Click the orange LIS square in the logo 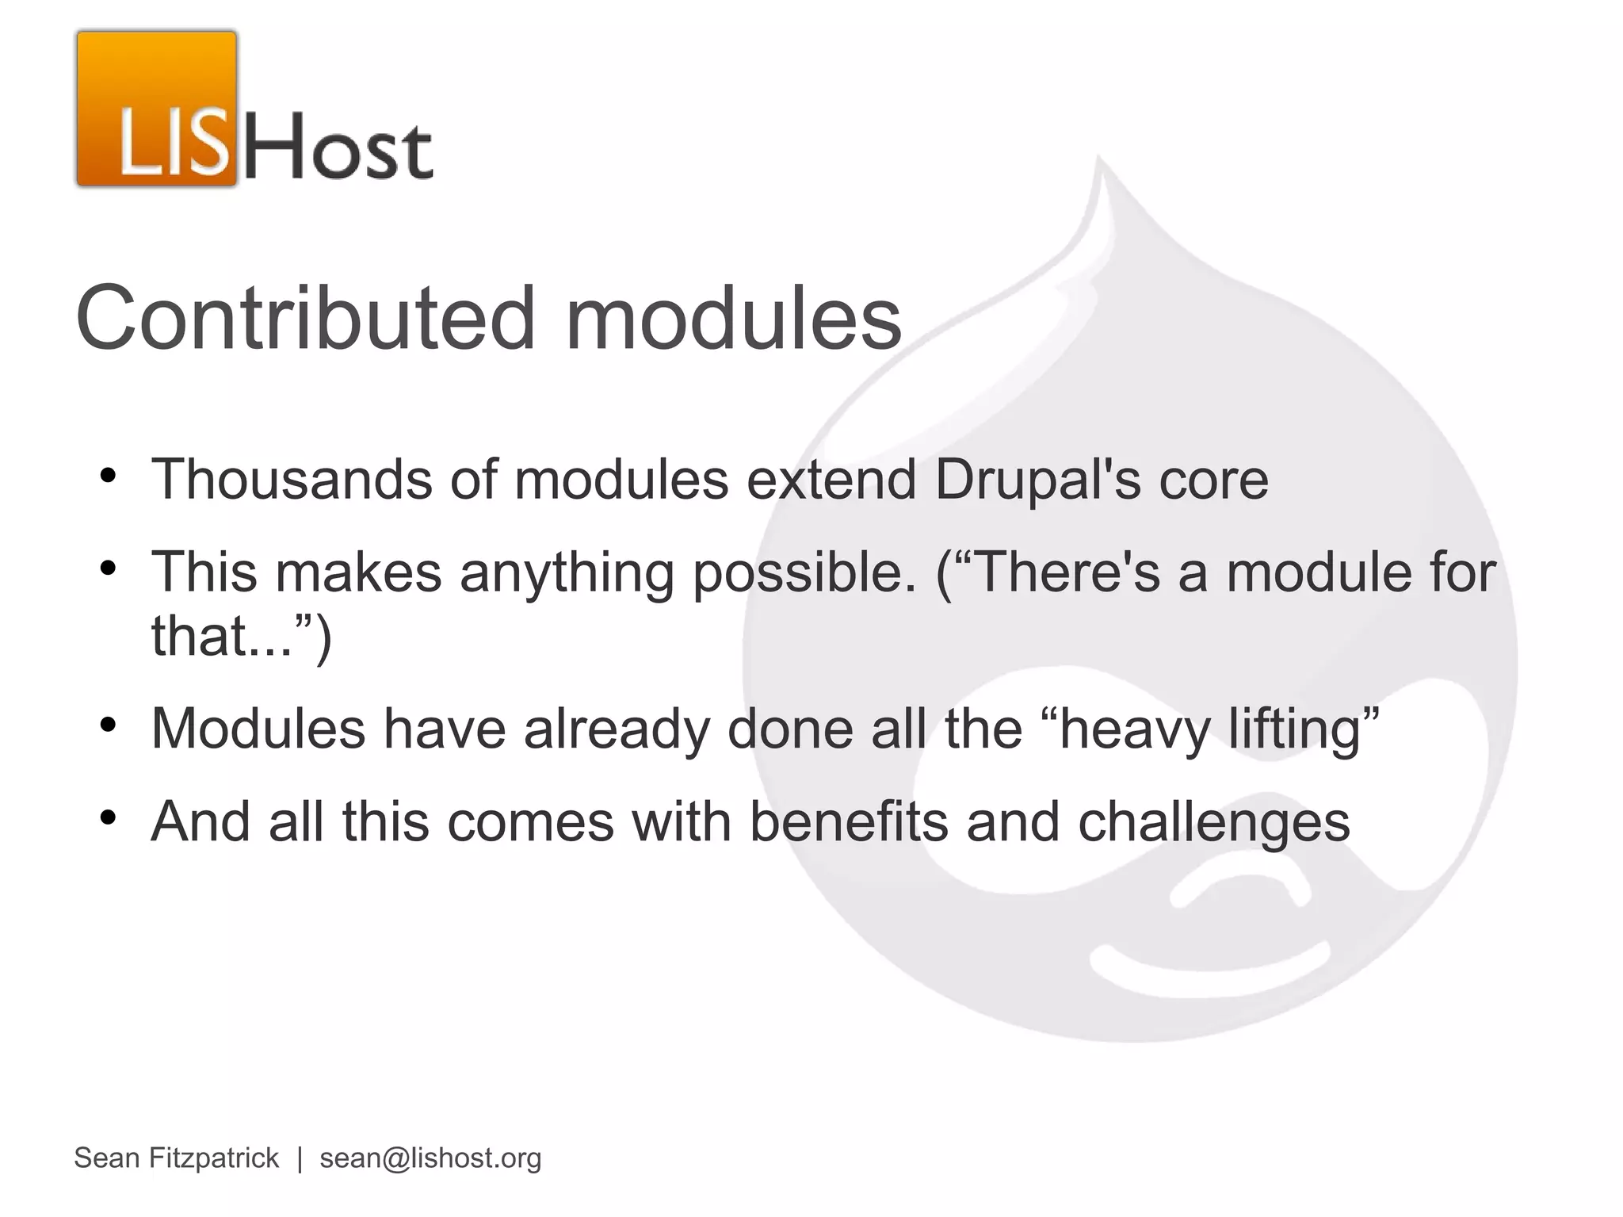point(157,109)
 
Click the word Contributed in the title point(306,319)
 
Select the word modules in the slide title point(733,319)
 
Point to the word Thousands point(292,480)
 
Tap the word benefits point(849,822)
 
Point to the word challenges point(1213,822)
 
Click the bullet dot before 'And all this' point(109,817)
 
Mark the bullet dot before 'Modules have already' point(109,725)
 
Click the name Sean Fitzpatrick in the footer point(176,1158)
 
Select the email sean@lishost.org point(430,1158)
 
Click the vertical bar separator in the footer point(300,1158)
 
